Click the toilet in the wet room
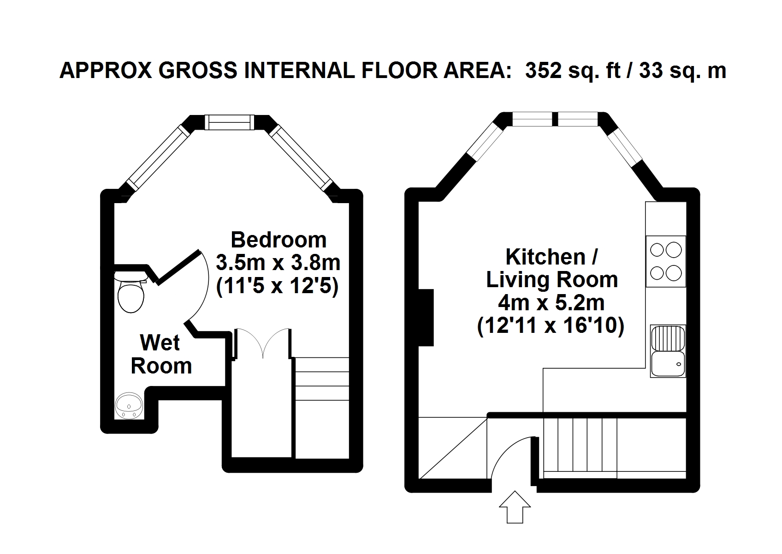[x=130, y=292]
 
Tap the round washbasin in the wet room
[x=129, y=406]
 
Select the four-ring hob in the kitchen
[x=666, y=261]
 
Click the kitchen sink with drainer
[x=668, y=351]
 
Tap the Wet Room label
[x=161, y=354]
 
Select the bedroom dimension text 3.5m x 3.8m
[x=278, y=263]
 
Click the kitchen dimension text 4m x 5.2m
[x=551, y=303]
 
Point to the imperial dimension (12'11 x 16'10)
[x=551, y=326]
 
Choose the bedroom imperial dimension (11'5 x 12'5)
[x=278, y=287]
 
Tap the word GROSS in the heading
[x=198, y=70]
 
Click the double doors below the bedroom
[x=262, y=343]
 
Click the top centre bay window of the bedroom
[x=229, y=122]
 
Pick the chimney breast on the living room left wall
[x=426, y=318]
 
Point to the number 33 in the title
[x=651, y=70]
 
